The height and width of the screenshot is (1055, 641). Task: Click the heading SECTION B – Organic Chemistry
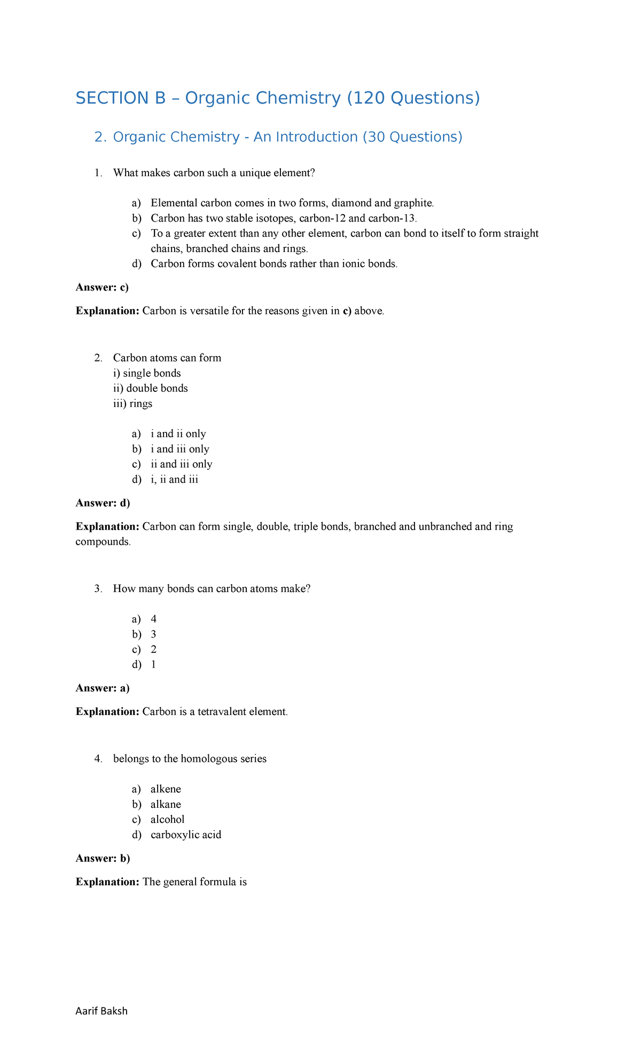click(277, 98)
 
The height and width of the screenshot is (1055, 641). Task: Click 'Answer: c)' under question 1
click(102, 287)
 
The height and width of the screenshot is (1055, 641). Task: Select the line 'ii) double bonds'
click(150, 388)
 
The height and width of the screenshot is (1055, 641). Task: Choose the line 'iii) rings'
click(132, 404)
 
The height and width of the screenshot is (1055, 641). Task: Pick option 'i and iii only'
click(179, 449)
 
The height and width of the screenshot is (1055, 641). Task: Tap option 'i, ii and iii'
click(174, 479)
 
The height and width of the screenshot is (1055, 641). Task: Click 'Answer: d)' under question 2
click(103, 503)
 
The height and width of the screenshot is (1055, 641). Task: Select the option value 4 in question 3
click(154, 619)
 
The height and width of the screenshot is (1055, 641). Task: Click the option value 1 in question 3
click(154, 665)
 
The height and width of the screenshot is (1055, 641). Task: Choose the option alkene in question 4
click(166, 789)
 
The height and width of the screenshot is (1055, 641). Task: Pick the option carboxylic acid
click(185, 834)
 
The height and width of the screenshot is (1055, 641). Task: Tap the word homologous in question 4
click(210, 759)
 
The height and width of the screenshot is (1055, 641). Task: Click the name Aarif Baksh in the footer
click(101, 1011)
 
